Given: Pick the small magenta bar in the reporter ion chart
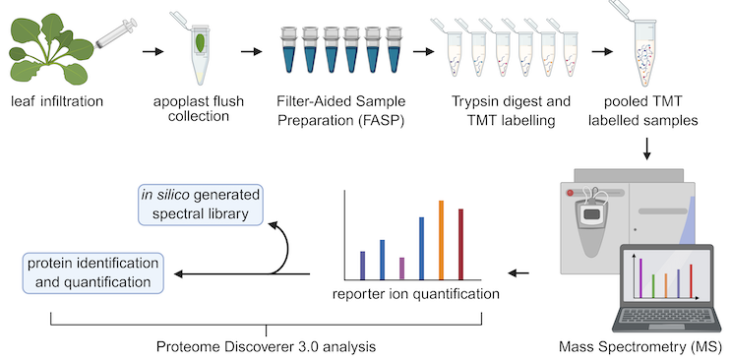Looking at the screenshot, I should tap(401, 269).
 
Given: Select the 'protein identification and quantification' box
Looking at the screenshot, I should tap(92, 272).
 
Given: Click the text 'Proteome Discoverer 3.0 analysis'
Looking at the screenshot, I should tap(266, 347).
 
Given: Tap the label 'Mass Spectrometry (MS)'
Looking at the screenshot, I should tap(640, 347).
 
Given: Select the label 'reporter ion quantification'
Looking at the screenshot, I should tap(414, 293).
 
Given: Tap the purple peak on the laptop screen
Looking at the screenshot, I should tap(640, 276).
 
